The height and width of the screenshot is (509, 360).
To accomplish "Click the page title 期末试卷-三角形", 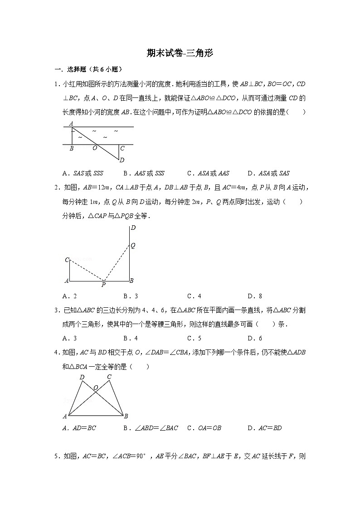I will (180, 53).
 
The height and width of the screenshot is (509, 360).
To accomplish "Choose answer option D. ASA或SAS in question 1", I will (268, 173).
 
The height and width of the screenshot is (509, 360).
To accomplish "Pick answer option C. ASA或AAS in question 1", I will (208, 173).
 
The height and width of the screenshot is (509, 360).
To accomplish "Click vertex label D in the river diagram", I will (122, 160).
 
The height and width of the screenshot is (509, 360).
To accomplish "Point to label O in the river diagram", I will (95, 148).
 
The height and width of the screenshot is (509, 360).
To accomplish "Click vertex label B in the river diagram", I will (72, 148).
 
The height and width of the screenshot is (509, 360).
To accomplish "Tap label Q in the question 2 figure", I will (133, 245).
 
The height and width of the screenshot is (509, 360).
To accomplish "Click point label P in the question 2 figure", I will (103, 285).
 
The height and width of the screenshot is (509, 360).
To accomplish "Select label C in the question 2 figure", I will (67, 260).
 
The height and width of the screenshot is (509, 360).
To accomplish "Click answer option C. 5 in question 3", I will (194, 338).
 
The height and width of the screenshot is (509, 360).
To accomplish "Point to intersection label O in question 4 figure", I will (96, 388).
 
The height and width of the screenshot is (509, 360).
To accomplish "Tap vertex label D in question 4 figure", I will (82, 377).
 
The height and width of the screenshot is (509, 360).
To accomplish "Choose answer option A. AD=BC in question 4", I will (79, 428).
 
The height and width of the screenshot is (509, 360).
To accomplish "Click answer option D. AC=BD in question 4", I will (265, 428).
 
